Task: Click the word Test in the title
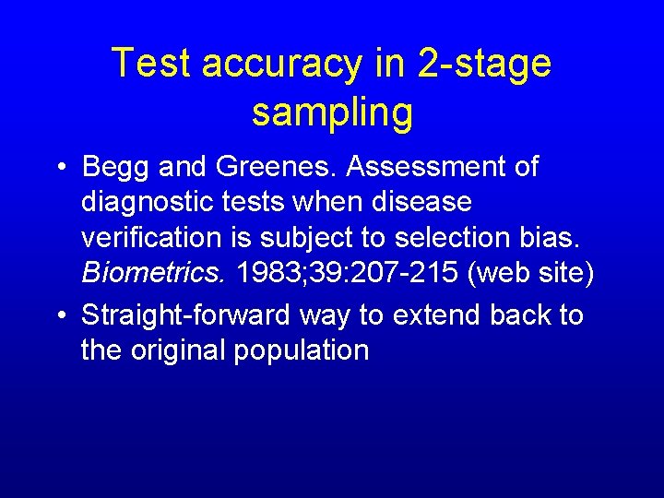(x=150, y=64)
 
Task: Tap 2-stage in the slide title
(x=482, y=64)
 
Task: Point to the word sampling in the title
(x=332, y=113)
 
